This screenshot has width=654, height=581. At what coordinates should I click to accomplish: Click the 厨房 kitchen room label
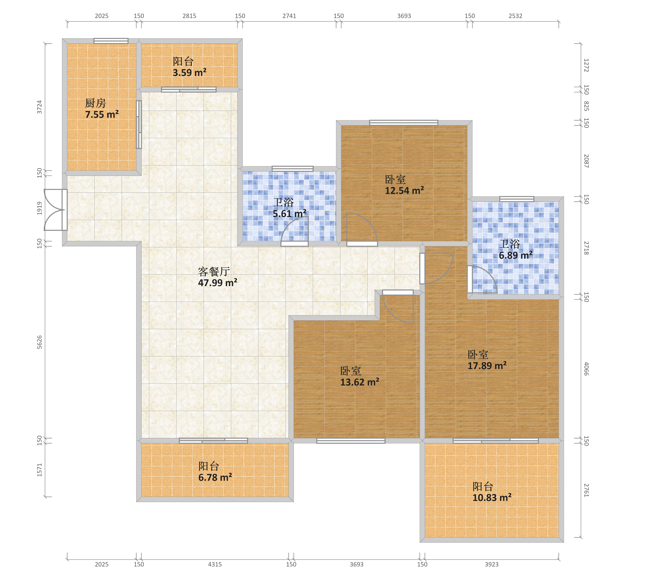(95, 103)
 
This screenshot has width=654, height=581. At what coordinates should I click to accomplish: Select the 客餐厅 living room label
(214, 272)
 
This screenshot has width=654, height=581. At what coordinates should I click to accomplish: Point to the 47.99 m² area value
(218, 283)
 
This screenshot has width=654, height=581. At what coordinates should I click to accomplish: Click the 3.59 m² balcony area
(189, 73)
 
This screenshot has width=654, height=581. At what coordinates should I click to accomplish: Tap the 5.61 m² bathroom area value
(289, 214)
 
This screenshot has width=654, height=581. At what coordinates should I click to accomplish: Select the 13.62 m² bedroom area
(360, 382)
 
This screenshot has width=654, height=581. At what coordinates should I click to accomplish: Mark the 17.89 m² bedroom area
(487, 365)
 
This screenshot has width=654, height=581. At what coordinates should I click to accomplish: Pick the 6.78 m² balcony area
(215, 477)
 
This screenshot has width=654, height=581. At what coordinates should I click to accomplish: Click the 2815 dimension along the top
(189, 16)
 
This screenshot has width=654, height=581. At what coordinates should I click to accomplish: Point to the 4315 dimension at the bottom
(215, 564)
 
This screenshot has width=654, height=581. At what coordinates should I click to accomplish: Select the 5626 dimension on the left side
(39, 342)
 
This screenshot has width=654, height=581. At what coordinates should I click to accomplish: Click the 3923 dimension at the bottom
(492, 564)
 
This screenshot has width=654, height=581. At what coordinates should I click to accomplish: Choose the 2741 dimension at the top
(289, 16)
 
